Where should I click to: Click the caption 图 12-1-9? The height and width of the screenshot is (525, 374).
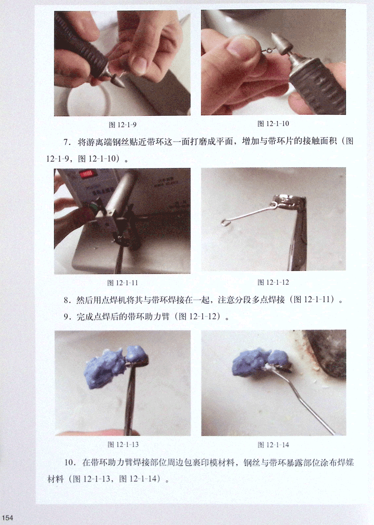pos(122,125)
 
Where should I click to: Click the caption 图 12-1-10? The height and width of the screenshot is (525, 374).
pos(273,124)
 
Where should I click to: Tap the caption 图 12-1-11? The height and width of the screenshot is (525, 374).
pos(122,283)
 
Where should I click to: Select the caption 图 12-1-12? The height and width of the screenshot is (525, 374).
pos(273,282)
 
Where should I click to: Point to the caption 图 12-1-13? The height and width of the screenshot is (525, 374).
pos(123,444)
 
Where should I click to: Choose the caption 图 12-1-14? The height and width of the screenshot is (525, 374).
pos(273,444)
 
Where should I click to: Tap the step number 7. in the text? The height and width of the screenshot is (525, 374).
pos(67,142)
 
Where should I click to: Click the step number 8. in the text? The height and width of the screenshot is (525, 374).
pos(67,300)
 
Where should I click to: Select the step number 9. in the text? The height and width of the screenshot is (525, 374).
pos(67,317)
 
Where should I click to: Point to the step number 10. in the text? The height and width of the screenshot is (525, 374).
pos(70,463)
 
